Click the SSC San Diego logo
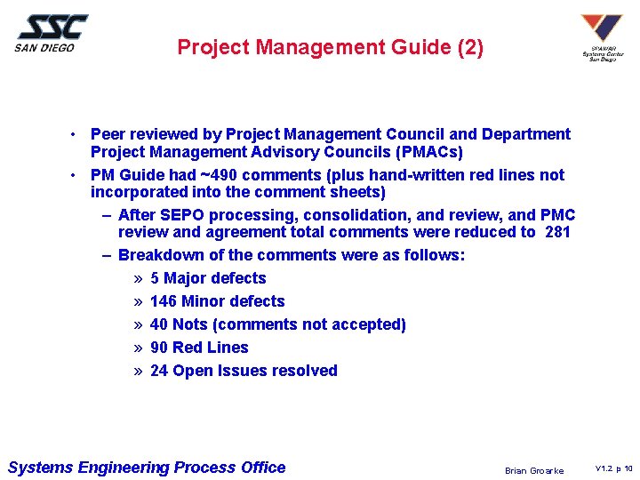[52, 33]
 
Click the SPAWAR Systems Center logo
[602, 37]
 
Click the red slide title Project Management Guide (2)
[331, 47]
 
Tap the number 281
[556, 232]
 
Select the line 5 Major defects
[208, 278]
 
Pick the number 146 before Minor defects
[164, 301]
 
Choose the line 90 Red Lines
[199, 348]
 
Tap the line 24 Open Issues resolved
[244, 371]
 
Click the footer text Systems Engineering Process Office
[147, 468]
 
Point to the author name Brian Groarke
[533, 470]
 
